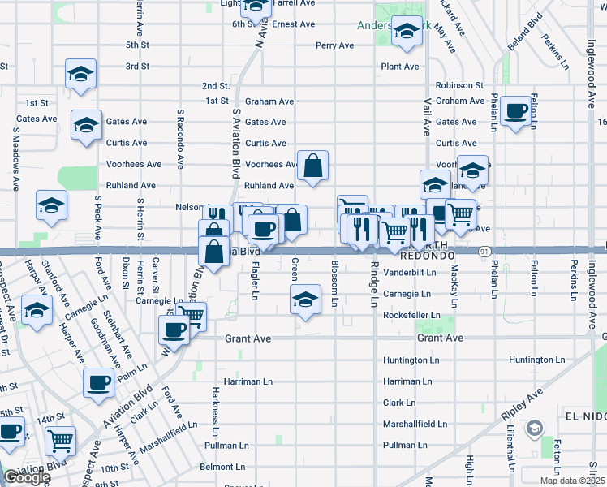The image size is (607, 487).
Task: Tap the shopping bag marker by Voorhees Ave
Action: [x=312, y=166]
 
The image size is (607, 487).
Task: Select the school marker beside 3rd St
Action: [x=80, y=74]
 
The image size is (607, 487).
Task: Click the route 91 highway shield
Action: [x=483, y=252]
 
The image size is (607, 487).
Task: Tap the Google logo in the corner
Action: [x=26, y=478]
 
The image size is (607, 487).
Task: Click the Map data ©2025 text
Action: [x=572, y=481]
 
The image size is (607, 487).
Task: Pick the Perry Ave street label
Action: [x=334, y=45]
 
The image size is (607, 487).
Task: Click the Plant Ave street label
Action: [x=399, y=67]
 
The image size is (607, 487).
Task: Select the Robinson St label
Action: [x=459, y=85]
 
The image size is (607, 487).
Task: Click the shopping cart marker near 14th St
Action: [x=60, y=440]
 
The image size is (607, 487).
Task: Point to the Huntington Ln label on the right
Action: [x=536, y=360]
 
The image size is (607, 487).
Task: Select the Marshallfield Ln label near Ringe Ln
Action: [x=415, y=424]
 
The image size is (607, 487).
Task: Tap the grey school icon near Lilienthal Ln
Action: [x=535, y=428]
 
